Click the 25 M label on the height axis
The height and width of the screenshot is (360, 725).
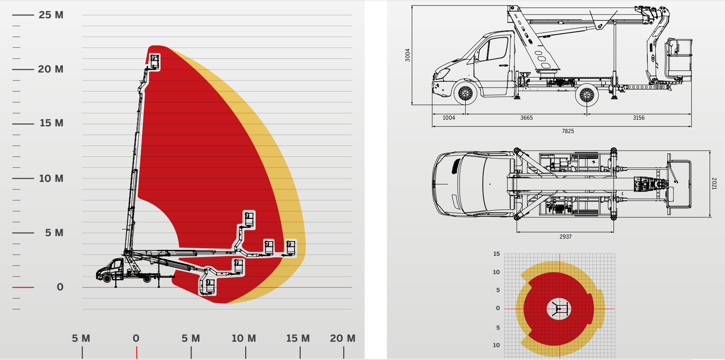coord(51,15)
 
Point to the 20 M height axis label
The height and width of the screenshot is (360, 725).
coord(50,69)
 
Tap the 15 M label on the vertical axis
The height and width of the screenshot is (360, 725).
coord(52,123)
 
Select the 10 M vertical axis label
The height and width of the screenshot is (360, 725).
coord(51,178)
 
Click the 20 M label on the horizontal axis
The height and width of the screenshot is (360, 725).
coord(343,338)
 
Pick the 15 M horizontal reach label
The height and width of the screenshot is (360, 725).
coord(298,338)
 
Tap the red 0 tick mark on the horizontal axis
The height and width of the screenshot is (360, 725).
coord(136,353)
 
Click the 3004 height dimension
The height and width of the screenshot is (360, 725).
coord(407,55)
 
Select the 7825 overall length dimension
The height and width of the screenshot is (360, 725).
coord(568,131)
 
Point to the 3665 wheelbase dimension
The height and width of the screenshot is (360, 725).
coord(526,118)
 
